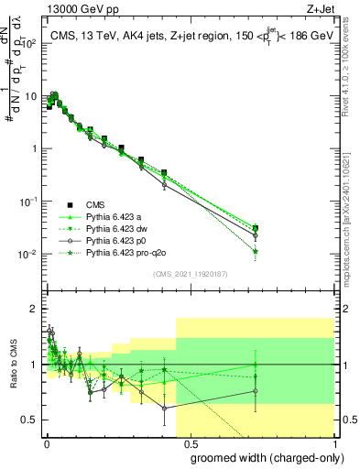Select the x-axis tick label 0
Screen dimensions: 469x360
[46, 441]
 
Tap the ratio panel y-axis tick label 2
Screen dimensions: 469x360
[33, 309]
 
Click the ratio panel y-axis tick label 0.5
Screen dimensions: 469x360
[29, 420]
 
